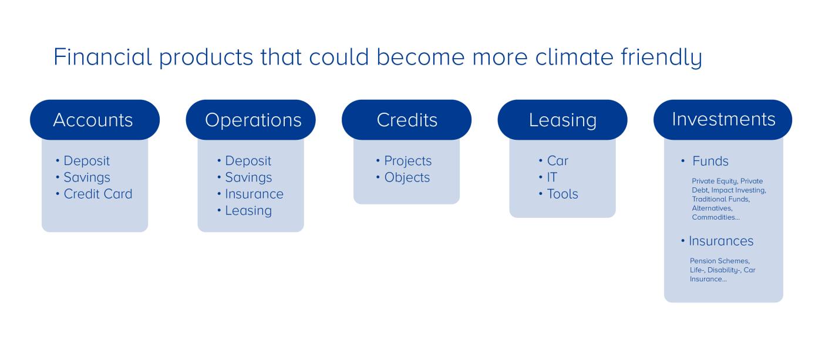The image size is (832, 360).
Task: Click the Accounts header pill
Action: point(93,120)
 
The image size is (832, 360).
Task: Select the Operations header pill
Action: point(253,120)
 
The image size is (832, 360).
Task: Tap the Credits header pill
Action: point(407,120)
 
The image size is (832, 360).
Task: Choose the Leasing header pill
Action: point(562,120)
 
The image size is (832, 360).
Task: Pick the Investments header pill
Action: point(723,119)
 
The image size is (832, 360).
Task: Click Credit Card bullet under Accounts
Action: point(97,194)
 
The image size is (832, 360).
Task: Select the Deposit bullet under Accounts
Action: point(86,161)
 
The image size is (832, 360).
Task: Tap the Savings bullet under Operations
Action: point(248,177)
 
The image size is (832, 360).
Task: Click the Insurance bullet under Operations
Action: point(254,194)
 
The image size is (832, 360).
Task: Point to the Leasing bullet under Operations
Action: point(248,210)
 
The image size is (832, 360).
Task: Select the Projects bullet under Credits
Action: point(407,161)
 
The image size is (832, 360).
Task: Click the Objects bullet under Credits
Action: point(407,177)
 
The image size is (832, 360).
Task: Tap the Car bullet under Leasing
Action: point(557,161)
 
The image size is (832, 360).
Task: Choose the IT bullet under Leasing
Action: point(552,177)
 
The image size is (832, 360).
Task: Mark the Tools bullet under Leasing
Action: point(562,194)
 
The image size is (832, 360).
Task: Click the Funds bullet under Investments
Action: point(710,162)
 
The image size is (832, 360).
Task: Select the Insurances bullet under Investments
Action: point(721,241)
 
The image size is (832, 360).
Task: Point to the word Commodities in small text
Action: point(715,217)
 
